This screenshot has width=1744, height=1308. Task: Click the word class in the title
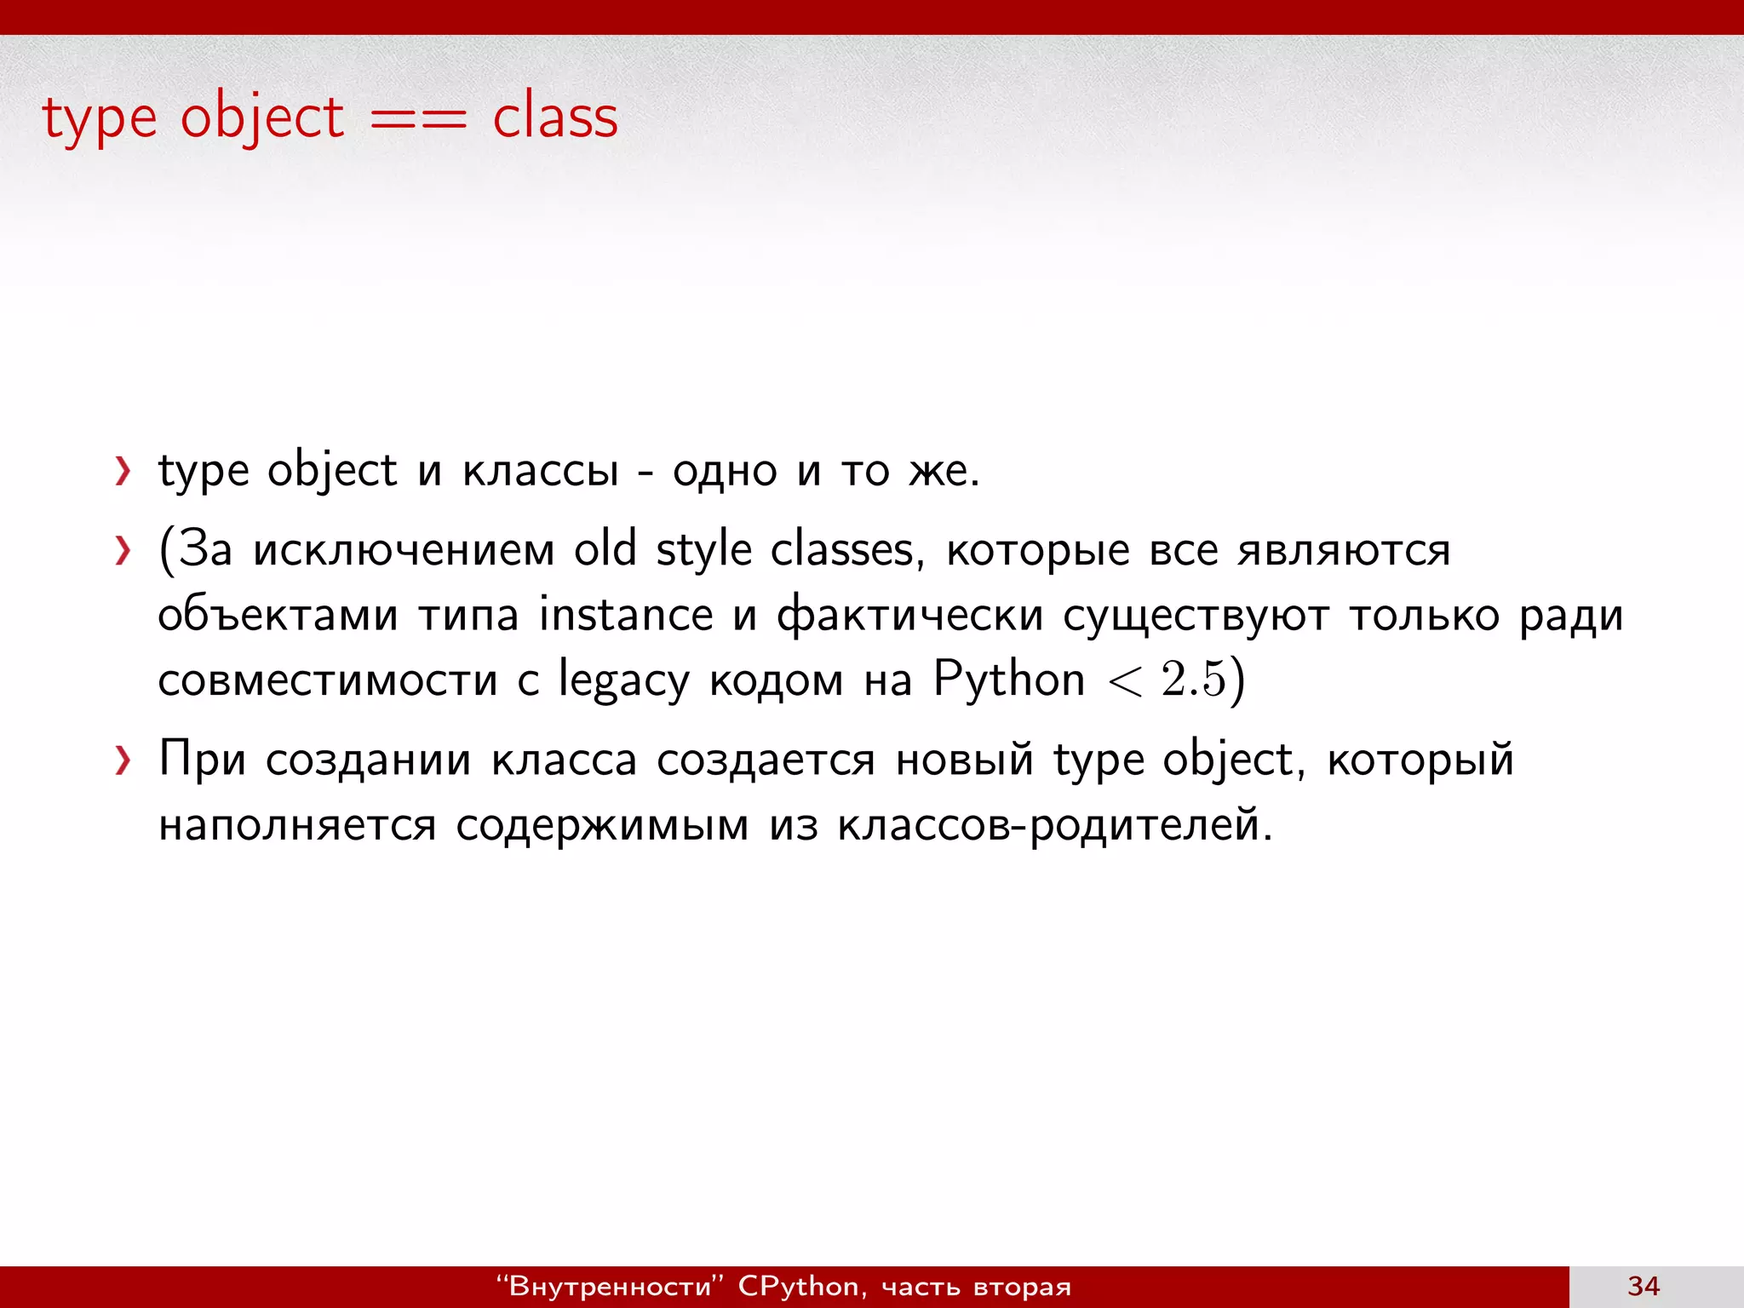tap(555, 118)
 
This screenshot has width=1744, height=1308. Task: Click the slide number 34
tap(1643, 1286)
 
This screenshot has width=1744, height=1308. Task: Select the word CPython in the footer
tap(799, 1286)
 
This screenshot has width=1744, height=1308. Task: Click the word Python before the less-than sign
tap(1008, 680)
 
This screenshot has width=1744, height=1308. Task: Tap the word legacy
tap(623, 681)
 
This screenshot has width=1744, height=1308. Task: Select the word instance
tap(626, 615)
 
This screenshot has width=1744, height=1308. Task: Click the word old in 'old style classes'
tap(605, 548)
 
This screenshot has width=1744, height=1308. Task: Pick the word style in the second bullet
tap(704, 550)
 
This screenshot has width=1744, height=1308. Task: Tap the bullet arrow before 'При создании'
tap(123, 760)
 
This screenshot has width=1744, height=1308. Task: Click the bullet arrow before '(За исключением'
tap(123, 551)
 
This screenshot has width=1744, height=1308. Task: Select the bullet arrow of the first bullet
tap(123, 471)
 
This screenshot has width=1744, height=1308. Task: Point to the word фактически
tap(909, 615)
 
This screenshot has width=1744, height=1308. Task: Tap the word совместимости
tap(328, 680)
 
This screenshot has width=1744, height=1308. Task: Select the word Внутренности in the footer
tap(609, 1286)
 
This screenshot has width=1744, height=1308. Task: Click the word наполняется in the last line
tap(297, 824)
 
